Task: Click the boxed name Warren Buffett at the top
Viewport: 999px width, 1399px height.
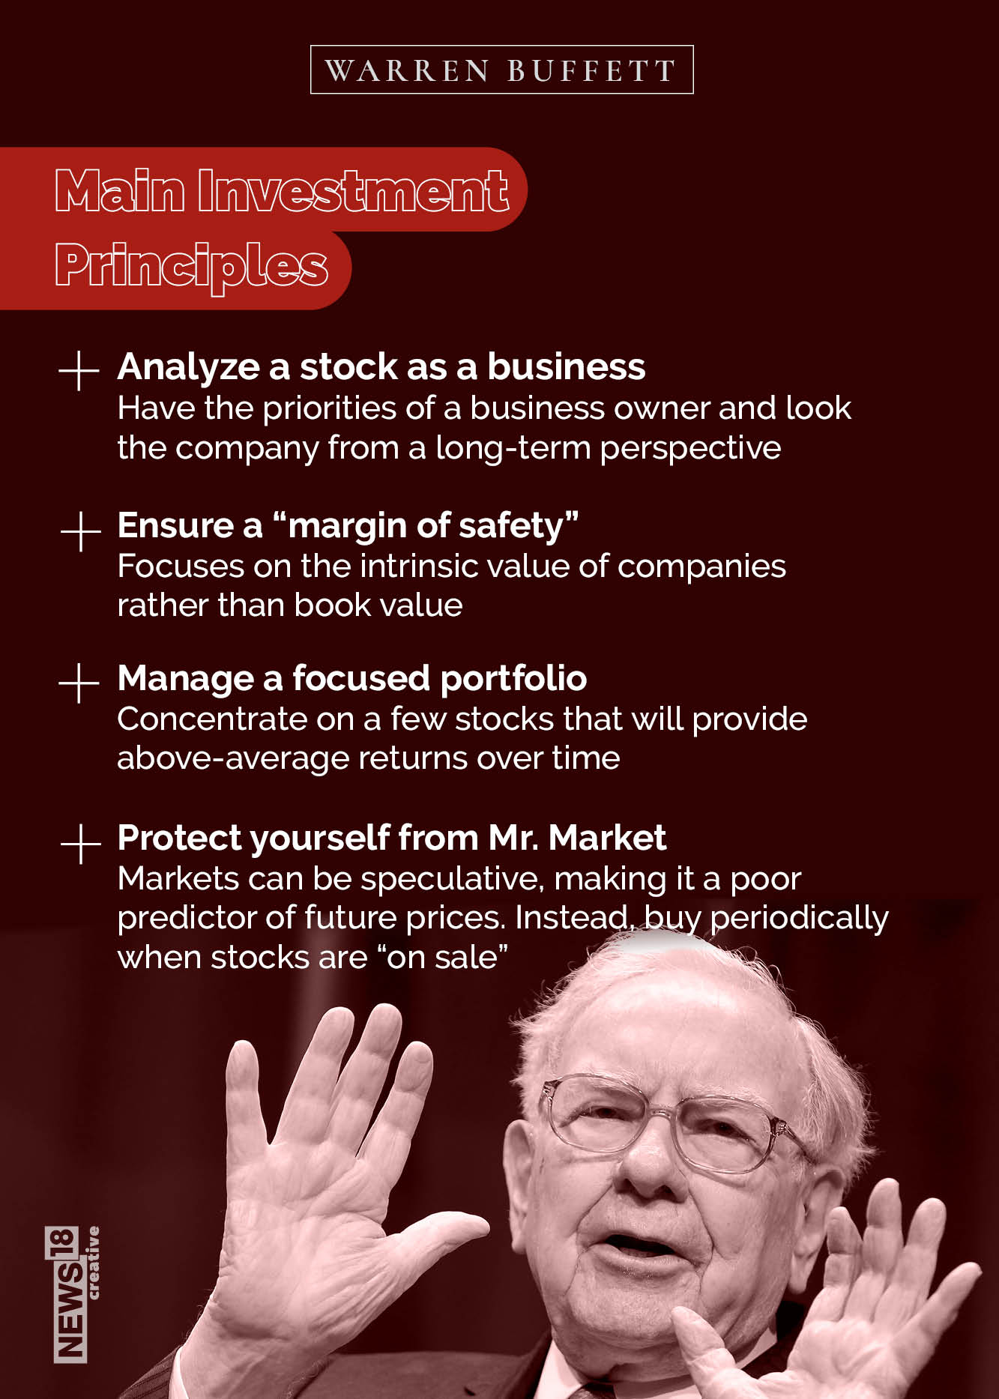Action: click(501, 70)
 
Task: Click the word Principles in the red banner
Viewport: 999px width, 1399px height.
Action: click(191, 266)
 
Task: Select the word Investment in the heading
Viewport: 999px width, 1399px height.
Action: click(353, 190)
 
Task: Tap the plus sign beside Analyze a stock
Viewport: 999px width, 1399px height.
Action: click(79, 369)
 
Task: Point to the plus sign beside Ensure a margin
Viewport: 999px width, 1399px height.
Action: click(80, 531)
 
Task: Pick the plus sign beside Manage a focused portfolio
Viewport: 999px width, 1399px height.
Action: click(79, 683)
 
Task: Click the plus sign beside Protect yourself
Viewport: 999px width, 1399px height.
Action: click(80, 843)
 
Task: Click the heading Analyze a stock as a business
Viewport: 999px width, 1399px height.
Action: click(381, 367)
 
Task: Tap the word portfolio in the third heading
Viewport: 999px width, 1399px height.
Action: click(513, 678)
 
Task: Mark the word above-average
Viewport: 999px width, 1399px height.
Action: click(232, 758)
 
